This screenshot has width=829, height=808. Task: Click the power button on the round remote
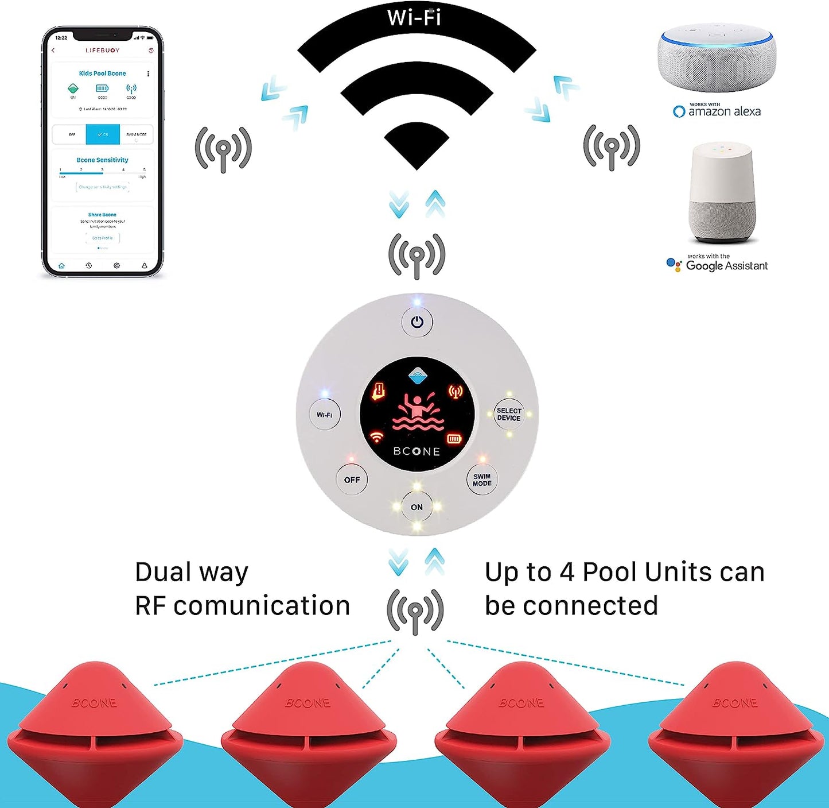pos(417,322)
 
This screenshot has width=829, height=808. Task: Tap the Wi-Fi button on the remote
pos(325,415)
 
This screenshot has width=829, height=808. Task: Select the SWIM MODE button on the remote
pos(482,480)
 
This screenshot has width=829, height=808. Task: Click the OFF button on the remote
pos(352,480)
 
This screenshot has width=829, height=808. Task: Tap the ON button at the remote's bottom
pos(417,507)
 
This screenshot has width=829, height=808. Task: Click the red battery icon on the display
pos(454,439)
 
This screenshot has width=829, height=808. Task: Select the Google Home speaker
pos(721,192)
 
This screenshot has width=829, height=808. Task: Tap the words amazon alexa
pos(724,112)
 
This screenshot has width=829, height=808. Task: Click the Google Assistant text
pos(726,266)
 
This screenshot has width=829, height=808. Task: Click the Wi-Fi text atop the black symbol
pos(414,17)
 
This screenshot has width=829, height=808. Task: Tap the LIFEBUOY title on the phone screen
pos(103,51)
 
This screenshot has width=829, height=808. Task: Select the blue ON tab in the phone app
pos(103,134)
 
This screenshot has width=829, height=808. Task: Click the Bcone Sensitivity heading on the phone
pos(103,160)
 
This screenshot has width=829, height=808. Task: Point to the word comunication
pos(262,606)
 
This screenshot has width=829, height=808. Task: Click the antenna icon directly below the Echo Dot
pos(612,148)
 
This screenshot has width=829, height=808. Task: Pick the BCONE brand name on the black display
pos(417,451)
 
